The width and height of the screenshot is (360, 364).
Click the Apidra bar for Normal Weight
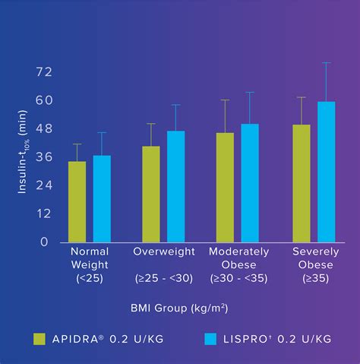(77, 202)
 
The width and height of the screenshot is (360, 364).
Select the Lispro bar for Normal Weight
(102, 199)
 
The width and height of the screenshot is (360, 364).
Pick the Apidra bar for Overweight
(151, 195)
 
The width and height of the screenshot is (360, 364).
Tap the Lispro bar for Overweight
(176, 187)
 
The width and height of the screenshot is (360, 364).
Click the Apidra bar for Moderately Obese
(225, 188)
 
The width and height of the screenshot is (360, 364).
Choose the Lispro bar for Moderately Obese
(250, 183)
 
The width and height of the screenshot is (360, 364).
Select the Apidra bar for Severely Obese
(302, 183)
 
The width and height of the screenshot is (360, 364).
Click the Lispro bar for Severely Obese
(327, 172)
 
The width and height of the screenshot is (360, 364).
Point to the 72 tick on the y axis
(44, 72)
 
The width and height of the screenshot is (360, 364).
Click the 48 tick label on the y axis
(44, 128)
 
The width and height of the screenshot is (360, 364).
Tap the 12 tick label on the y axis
(44, 214)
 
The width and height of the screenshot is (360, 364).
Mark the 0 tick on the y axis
(44, 242)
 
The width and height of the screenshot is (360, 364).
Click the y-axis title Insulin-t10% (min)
(22, 152)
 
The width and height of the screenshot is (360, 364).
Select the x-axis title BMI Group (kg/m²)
(179, 309)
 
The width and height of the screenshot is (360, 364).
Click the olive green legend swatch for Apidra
(39, 339)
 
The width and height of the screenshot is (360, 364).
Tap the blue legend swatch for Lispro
(210, 339)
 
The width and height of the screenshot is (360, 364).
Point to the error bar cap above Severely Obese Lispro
(327, 62)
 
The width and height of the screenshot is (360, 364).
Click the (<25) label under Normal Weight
(90, 278)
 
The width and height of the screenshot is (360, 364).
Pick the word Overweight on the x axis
(164, 252)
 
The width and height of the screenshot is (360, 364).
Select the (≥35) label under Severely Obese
(316, 278)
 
